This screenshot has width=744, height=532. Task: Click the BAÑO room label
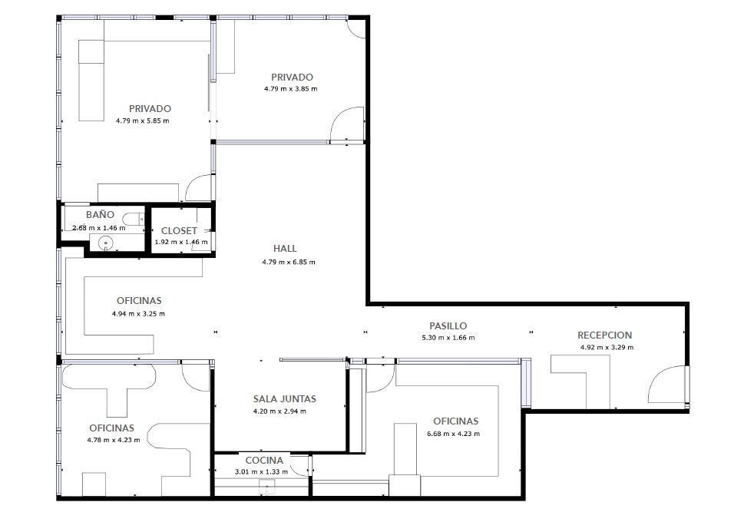100,214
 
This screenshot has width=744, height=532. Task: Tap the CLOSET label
179,230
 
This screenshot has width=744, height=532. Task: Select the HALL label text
285,248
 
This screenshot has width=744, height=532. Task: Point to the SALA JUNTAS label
285,398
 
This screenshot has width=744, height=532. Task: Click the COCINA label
264,461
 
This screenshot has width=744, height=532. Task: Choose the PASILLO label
448,326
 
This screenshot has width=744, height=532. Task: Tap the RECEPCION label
604,335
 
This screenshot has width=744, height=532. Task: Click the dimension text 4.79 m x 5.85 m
142,121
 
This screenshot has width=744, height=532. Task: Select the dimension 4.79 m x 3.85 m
291,89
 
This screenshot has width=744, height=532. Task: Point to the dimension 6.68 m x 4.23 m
454,433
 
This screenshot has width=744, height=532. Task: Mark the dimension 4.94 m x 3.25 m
138,314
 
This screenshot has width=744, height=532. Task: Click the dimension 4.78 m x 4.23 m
114,440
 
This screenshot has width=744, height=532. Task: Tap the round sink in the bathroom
105,243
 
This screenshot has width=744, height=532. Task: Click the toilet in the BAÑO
133,220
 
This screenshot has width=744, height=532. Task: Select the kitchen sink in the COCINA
268,487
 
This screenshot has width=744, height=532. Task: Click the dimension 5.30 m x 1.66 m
448,338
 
